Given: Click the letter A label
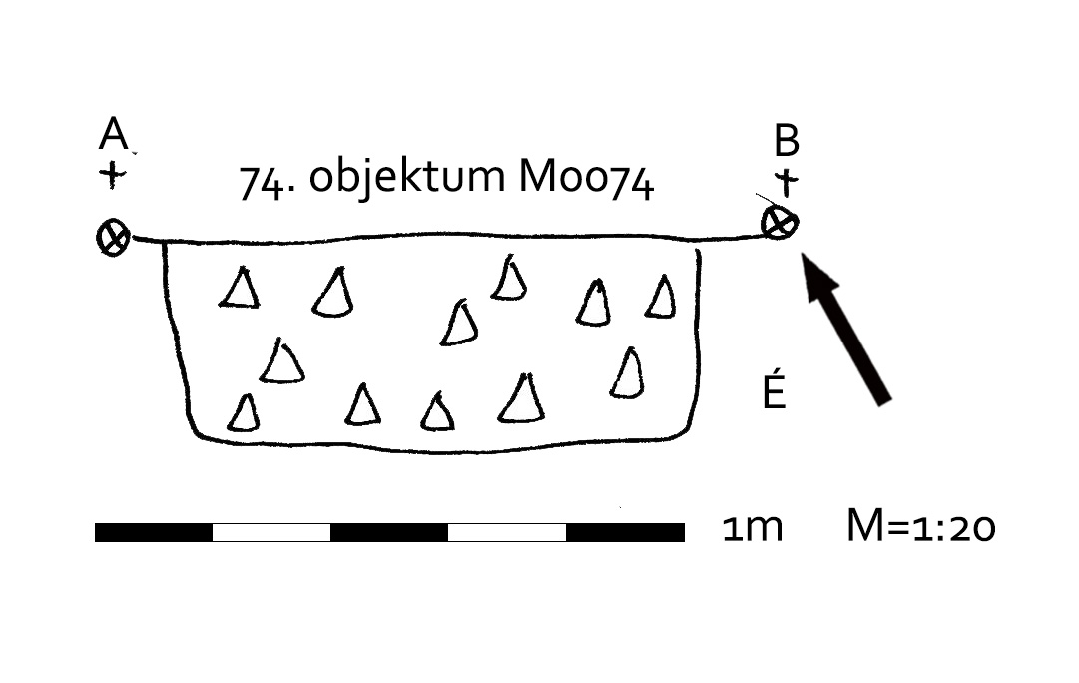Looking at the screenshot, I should click(114, 134).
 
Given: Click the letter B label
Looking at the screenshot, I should click(787, 142).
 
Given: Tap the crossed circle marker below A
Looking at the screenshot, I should click(113, 238).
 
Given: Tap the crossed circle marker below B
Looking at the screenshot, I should click(780, 223).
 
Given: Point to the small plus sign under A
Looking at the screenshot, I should click(113, 176).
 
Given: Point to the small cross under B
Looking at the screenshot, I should click(788, 183).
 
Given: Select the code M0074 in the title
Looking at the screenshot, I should click(586, 180).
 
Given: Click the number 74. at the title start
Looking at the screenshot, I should click(269, 182).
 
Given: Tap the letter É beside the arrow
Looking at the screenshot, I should click(774, 392).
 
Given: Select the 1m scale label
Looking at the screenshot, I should click(752, 528).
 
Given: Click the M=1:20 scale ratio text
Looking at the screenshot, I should click(920, 527).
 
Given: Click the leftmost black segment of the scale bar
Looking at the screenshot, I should click(154, 532).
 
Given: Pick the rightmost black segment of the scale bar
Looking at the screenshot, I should click(625, 532).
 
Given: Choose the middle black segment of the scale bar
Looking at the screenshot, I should click(389, 532).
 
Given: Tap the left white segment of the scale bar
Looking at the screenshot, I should click(271, 532).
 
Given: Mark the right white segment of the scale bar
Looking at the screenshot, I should click(507, 532).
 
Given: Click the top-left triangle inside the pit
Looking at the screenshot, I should click(240, 290).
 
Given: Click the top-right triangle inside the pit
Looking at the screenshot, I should click(661, 298).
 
